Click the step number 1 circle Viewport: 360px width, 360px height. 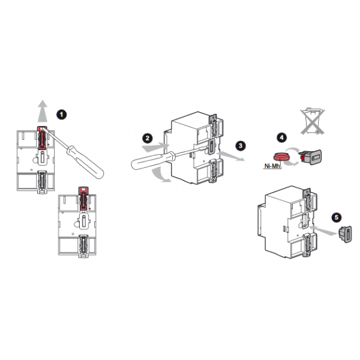[x=62, y=115]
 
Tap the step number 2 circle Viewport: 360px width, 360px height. [x=148, y=138]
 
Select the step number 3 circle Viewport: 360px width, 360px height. [x=241, y=146]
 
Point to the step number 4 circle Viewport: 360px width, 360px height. [x=282, y=137]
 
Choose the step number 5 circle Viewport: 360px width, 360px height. [x=337, y=217]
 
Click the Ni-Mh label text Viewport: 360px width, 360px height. [x=272, y=166]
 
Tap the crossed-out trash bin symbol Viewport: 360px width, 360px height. [x=313, y=121]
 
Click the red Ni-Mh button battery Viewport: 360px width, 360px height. [x=281, y=157]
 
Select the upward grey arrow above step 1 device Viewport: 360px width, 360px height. [x=43, y=111]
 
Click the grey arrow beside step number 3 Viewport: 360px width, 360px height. [x=231, y=156]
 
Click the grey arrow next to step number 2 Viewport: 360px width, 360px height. [x=155, y=147]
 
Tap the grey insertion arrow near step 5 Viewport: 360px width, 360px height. [x=324, y=230]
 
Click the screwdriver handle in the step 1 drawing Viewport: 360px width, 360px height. [x=85, y=162]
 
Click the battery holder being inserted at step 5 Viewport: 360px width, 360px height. [x=346, y=234]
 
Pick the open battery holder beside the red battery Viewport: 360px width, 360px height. [x=310, y=157]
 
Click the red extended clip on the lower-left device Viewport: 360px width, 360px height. [x=83, y=199]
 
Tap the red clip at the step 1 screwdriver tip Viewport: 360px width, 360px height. [x=42, y=138]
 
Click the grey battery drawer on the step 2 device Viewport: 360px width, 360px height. [x=211, y=146]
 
